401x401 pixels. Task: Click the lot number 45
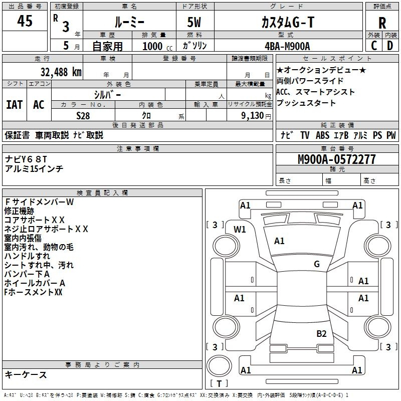(25, 21)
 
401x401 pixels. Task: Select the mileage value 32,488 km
(61, 72)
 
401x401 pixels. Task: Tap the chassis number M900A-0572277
(337, 159)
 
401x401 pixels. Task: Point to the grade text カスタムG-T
(288, 22)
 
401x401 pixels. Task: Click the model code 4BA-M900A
(287, 46)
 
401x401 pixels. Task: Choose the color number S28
(83, 116)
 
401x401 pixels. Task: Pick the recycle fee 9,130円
(256, 116)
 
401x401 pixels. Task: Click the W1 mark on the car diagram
(240, 230)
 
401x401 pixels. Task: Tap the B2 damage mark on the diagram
(321, 334)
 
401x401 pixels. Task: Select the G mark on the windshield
(317, 264)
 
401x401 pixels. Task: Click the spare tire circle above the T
(219, 366)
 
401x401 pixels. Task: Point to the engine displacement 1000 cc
(157, 46)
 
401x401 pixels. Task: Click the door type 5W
(194, 22)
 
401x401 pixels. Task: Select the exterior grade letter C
(374, 46)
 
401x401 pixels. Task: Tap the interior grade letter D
(390, 46)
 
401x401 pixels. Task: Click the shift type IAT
(15, 105)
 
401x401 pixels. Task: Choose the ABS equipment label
(322, 135)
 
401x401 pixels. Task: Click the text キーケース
(26, 375)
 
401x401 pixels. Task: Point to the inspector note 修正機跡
(19, 211)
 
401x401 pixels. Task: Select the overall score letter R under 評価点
(382, 23)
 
